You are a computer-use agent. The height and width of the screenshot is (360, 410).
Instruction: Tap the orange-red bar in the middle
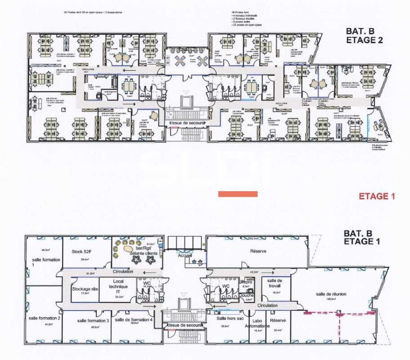coord(238,194)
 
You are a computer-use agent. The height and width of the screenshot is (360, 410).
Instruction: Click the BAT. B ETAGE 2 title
coord(364,36)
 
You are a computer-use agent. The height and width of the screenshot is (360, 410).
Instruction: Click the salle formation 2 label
coord(45,318)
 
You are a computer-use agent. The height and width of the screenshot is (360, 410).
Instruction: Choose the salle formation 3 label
coord(93,320)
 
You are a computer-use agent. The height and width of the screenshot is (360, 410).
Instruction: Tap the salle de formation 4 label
coord(134,319)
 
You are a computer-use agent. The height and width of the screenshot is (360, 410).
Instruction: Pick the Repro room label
coord(245,282)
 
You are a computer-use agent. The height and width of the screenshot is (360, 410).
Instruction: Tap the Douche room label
coord(246,296)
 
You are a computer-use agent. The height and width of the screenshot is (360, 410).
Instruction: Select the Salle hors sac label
coord(221,318)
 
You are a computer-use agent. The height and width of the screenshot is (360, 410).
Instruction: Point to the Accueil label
coord(184,255)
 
